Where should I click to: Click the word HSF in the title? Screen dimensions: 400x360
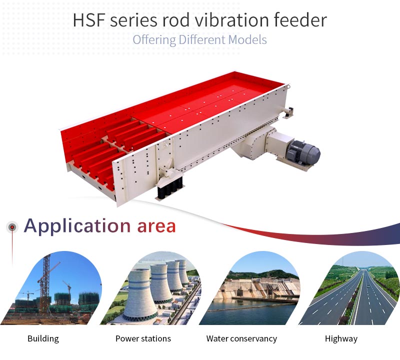89,20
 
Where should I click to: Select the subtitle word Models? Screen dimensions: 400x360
247,40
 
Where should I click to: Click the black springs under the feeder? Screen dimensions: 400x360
170,188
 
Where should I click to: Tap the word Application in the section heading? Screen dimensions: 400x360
77,226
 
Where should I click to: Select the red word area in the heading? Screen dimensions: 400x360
156,226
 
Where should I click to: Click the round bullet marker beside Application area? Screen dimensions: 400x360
12,227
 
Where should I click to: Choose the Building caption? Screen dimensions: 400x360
43,338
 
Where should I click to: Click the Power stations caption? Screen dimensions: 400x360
143,338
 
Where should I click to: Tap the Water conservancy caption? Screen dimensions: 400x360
241,338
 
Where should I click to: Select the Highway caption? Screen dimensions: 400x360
341,338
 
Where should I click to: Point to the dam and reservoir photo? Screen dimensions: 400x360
252,291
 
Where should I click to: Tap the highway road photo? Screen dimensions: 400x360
352,291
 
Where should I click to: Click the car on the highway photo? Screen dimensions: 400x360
368,287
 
